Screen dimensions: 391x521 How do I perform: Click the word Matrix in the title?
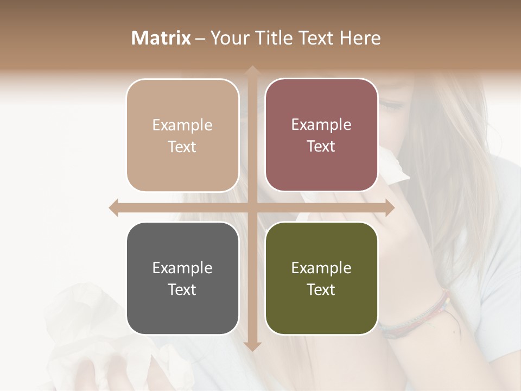point(161,38)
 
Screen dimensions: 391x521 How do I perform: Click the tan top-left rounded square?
point(182,135)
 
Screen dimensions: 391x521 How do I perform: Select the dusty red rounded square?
point(321,135)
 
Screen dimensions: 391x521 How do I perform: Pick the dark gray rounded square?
point(182,278)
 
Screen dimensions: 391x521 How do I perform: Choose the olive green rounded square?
point(321,278)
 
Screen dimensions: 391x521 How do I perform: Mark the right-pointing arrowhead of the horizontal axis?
point(389,207)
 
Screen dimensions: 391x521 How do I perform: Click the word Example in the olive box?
point(321,268)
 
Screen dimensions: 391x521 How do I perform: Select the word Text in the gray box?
point(182,289)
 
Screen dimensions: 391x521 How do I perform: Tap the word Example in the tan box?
point(182,125)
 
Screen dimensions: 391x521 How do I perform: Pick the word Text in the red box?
point(321,147)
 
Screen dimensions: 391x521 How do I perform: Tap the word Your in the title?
point(228,38)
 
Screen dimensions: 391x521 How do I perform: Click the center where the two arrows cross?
point(252,207)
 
